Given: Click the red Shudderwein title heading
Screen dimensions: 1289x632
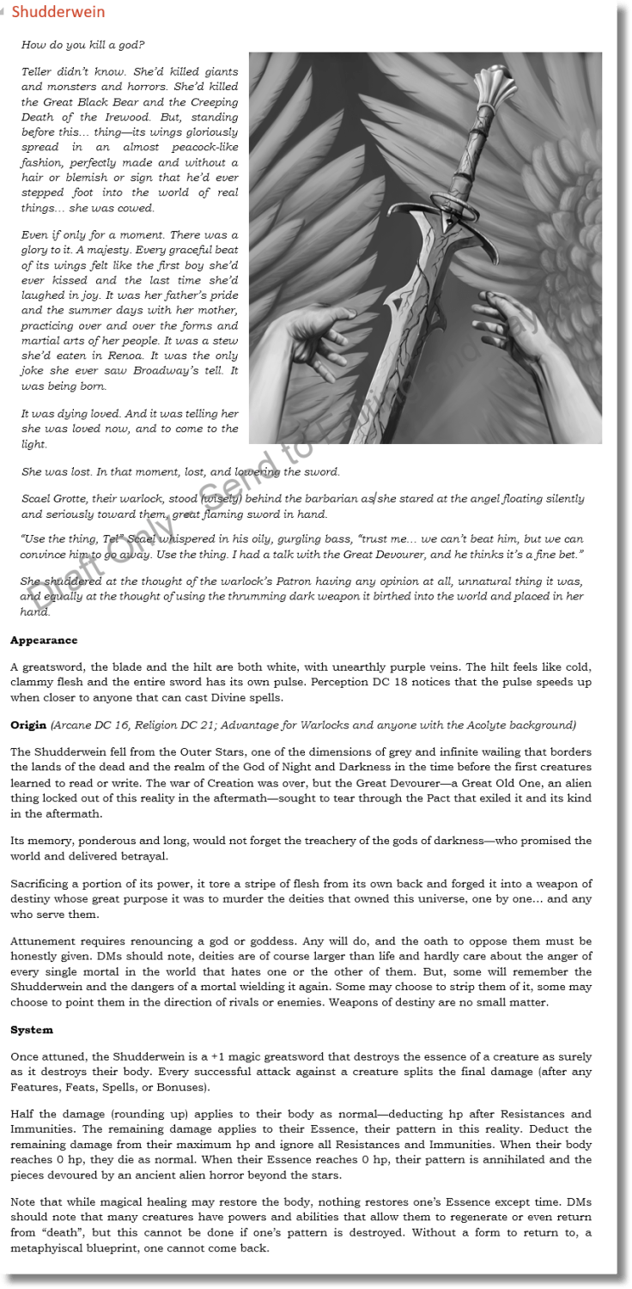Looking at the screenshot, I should (x=58, y=12).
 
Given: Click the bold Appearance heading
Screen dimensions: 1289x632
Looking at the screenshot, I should (x=44, y=641).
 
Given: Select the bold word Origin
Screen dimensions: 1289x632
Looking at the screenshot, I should (x=28, y=726).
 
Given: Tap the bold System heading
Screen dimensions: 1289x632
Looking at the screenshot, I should (x=32, y=1030).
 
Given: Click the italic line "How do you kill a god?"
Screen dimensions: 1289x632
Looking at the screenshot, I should (x=82, y=45).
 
